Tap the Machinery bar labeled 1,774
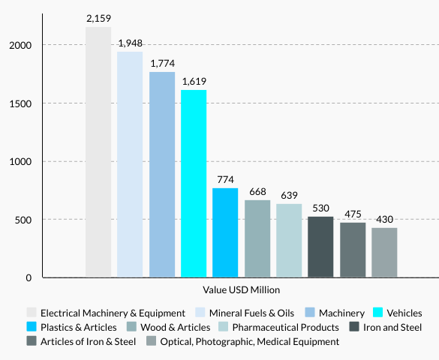[162, 175]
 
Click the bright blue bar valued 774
[225, 232]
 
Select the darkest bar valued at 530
[320, 247]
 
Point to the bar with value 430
[384, 253]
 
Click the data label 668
[257, 191]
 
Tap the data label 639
[289, 195]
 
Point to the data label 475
[353, 214]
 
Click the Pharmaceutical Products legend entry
[284, 327]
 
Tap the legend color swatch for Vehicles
[378, 313]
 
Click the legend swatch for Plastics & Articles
[32, 327]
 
